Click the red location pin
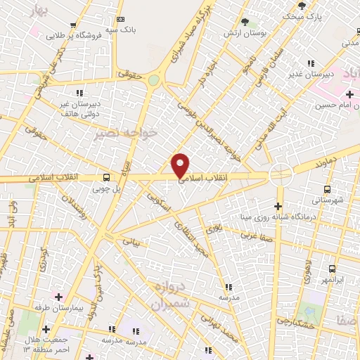coord(181,165)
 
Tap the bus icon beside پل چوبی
coord(106,177)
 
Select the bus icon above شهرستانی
coord(327,188)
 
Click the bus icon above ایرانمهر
coord(333,268)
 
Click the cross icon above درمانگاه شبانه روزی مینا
coord(279,206)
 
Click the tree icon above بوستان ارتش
coord(245,23)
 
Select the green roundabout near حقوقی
coord(153,80)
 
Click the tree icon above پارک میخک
coord(302,6)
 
